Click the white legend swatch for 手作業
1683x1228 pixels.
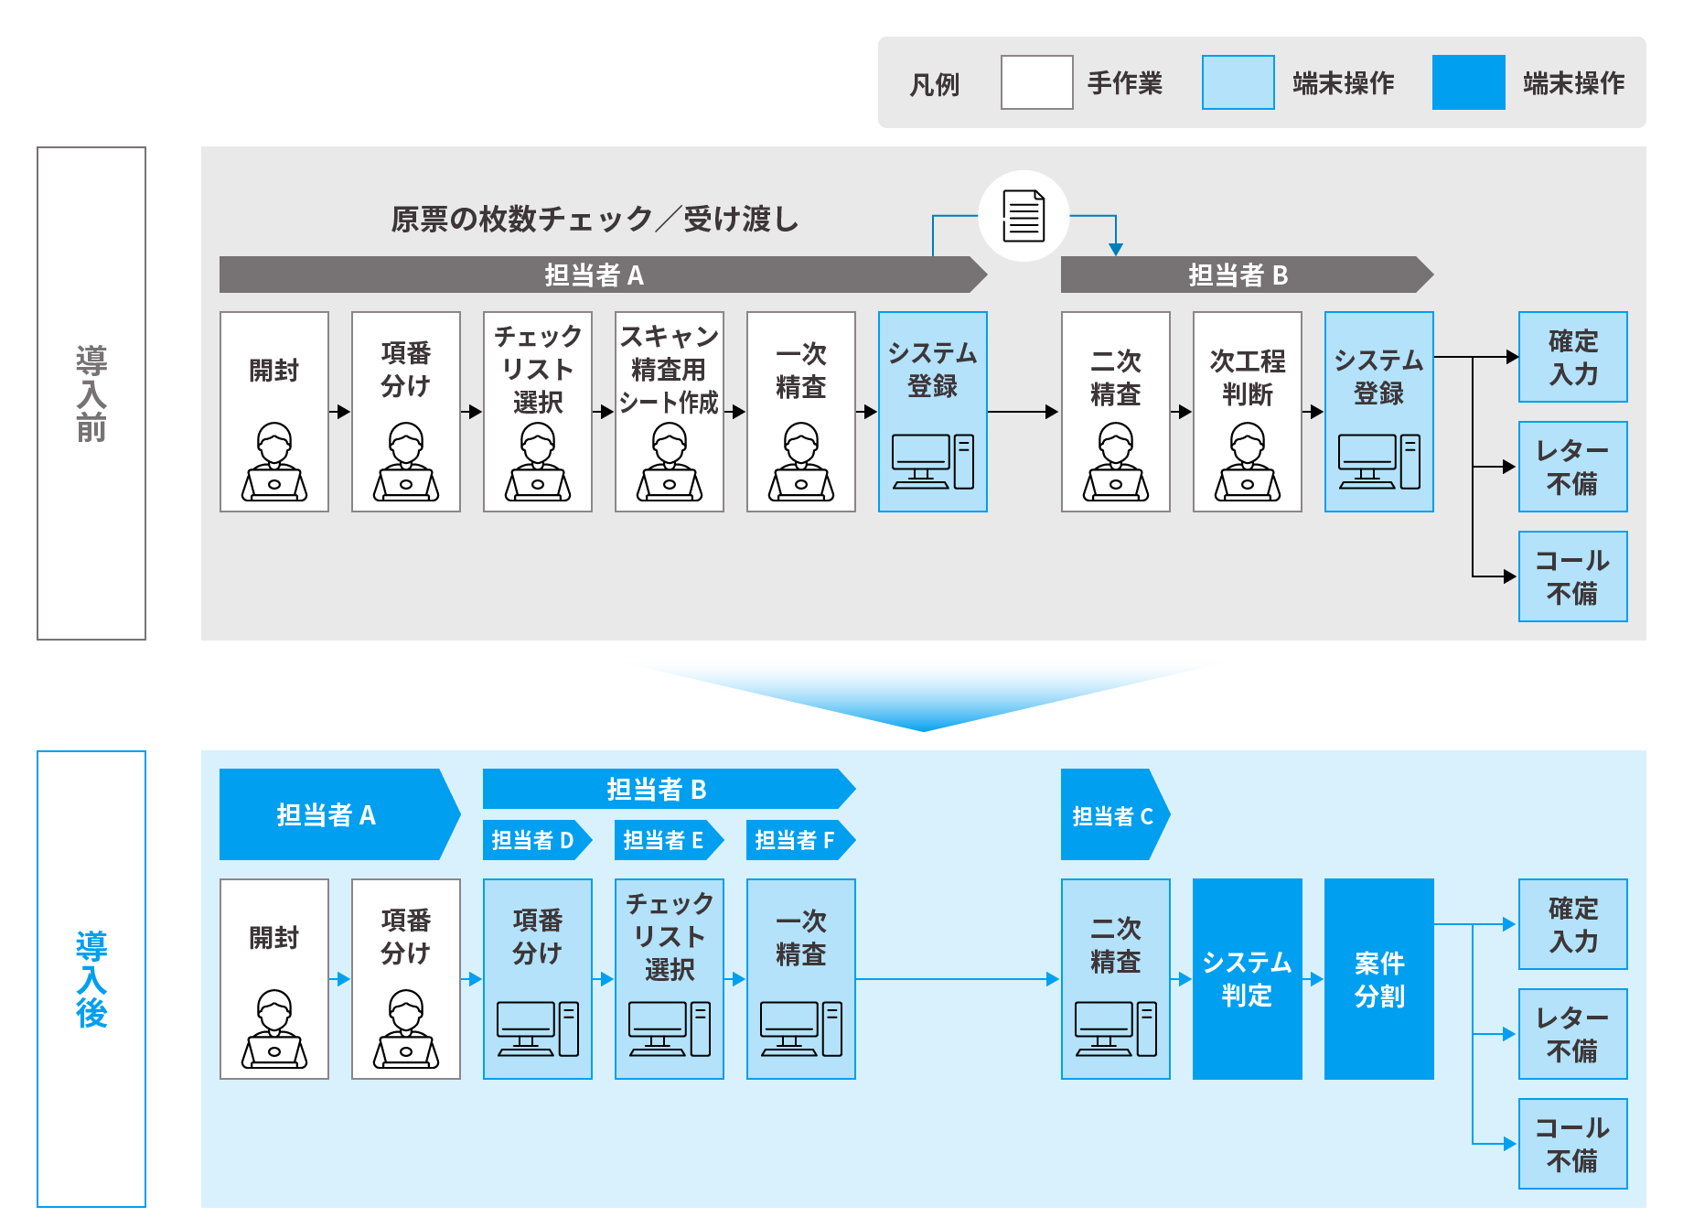click(x=1036, y=82)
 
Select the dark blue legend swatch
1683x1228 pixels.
click(x=1468, y=82)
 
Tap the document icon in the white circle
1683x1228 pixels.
click(x=1024, y=216)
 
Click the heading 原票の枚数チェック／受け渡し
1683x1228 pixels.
click(x=595, y=219)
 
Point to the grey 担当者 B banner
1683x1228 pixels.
click(x=1239, y=275)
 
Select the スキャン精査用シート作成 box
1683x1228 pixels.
click(x=669, y=411)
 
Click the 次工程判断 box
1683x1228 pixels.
click(x=1247, y=411)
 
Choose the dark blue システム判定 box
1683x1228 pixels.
click(x=1247, y=978)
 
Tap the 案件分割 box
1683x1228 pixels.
click(x=1378, y=978)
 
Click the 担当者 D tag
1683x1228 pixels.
click(x=533, y=840)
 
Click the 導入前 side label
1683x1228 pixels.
click(x=91, y=393)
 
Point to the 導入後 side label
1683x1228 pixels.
click(x=91, y=978)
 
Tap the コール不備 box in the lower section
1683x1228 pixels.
click(x=1572, y=1144)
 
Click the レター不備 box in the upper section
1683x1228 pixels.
click(x=1572, y=467)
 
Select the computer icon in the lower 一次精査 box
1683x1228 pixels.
click(x=800, y=1029)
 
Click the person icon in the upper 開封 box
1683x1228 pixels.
click(x=273, y=462)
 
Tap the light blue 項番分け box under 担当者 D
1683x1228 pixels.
click(x=537, y=978)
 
